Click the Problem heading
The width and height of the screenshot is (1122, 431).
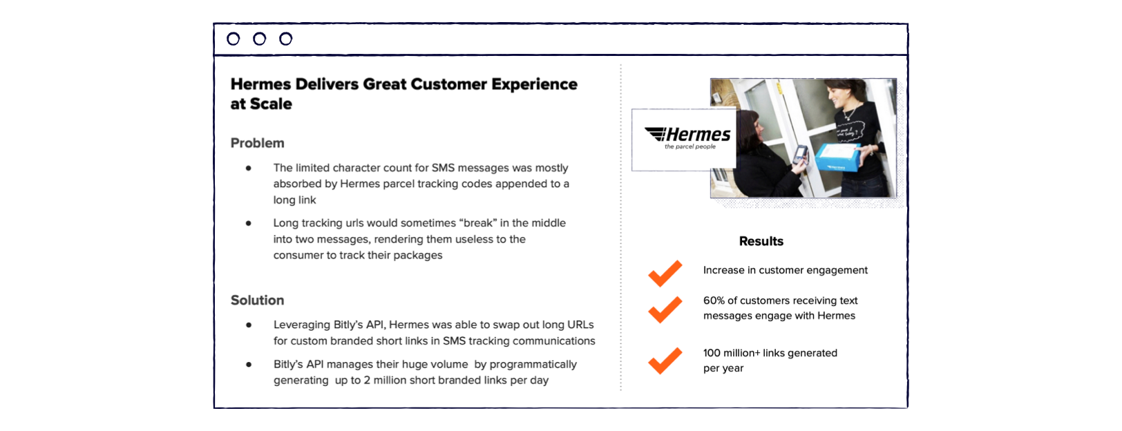257,143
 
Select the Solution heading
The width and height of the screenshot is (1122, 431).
257,300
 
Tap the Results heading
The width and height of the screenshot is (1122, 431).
761,241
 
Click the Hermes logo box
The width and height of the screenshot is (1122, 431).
684,140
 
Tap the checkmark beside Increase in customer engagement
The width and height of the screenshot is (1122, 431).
665,274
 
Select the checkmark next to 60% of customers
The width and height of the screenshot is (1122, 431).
665,309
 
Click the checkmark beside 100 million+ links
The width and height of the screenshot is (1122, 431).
665,361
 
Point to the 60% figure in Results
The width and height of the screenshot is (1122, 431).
714,300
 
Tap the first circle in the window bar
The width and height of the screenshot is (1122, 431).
233,39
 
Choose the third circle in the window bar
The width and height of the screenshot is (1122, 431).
285,39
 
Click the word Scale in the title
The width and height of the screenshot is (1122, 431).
271,104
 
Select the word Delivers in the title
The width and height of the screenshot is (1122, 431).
327,84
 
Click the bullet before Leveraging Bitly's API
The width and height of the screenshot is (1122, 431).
249,325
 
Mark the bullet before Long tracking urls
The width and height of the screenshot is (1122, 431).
249,223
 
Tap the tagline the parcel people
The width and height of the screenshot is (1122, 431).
690,146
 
